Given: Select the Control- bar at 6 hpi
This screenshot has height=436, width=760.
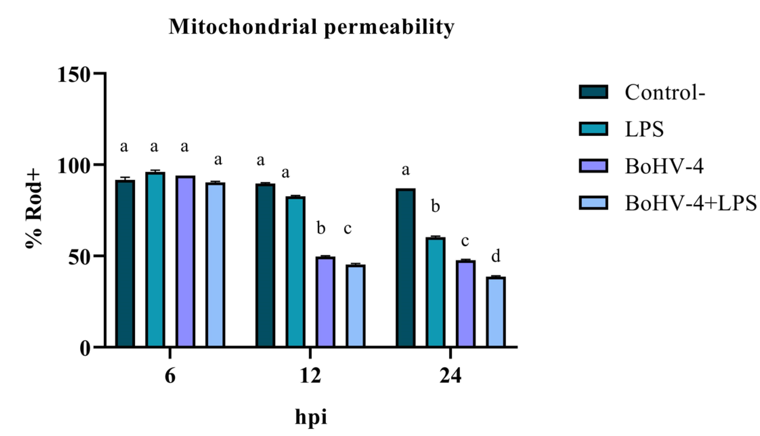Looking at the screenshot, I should click(125, 264).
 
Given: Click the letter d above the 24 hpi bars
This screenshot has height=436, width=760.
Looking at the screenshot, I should click(496, 257).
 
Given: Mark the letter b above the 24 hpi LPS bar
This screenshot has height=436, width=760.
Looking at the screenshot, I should click(435, 207).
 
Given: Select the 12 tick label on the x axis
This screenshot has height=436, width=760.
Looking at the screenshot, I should click(310, 377).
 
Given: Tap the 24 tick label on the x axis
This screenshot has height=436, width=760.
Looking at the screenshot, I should click(450, 377).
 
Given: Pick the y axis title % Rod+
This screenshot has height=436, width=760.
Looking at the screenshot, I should click(34, 210).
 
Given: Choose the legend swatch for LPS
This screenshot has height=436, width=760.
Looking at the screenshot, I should click(593, 129).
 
